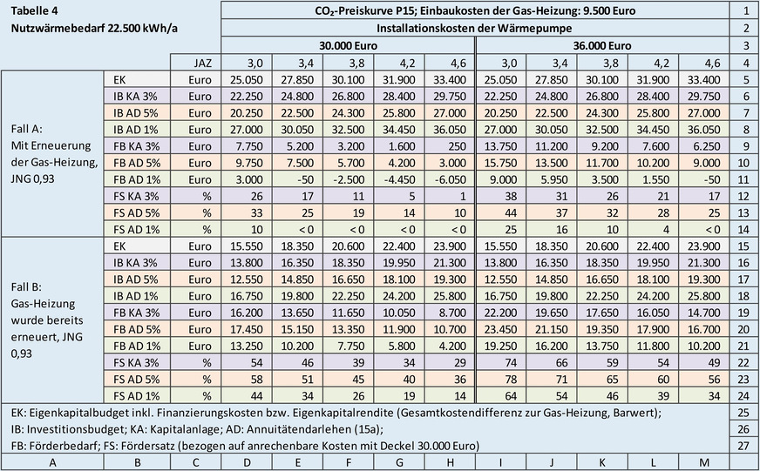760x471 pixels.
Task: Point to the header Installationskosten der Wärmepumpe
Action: click(474, 28)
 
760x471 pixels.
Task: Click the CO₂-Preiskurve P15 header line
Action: click(474, 10)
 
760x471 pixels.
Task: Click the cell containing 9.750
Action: click(248, 162)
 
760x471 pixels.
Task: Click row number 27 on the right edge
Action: click(743, 444)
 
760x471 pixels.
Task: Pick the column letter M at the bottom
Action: click(702, 461)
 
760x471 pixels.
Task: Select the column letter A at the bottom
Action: click(51, 461)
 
